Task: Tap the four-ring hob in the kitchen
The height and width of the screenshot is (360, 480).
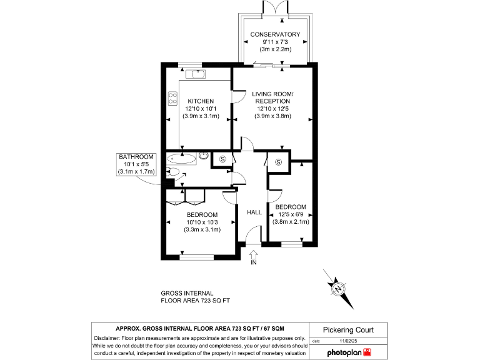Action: [x=172, y=98]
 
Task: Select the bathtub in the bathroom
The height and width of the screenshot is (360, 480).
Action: [x=182, y=159]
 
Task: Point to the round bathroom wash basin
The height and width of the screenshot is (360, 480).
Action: [x=204, y=156]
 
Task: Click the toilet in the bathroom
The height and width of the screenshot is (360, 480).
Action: [x=174, y=172]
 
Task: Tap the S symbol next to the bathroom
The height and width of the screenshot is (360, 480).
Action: [x=223, y=160]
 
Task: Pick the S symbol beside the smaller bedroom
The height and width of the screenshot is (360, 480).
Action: [x=278, y=162]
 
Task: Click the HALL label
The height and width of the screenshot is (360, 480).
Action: [x=254, y=212]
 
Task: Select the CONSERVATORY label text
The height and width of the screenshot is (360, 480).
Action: [x=275, y=34]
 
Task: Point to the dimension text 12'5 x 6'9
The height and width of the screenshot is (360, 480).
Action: [x=291, y=215]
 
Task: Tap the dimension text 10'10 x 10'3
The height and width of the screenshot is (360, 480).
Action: [x=201, y=222]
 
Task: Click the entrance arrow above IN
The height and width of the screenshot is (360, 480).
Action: [x=254, y=253]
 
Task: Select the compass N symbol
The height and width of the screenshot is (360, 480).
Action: [x=338, y=288]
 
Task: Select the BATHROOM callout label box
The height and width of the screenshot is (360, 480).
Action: [x=136, y=164]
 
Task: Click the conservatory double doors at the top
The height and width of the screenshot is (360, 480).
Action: [x=275, y=7]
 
